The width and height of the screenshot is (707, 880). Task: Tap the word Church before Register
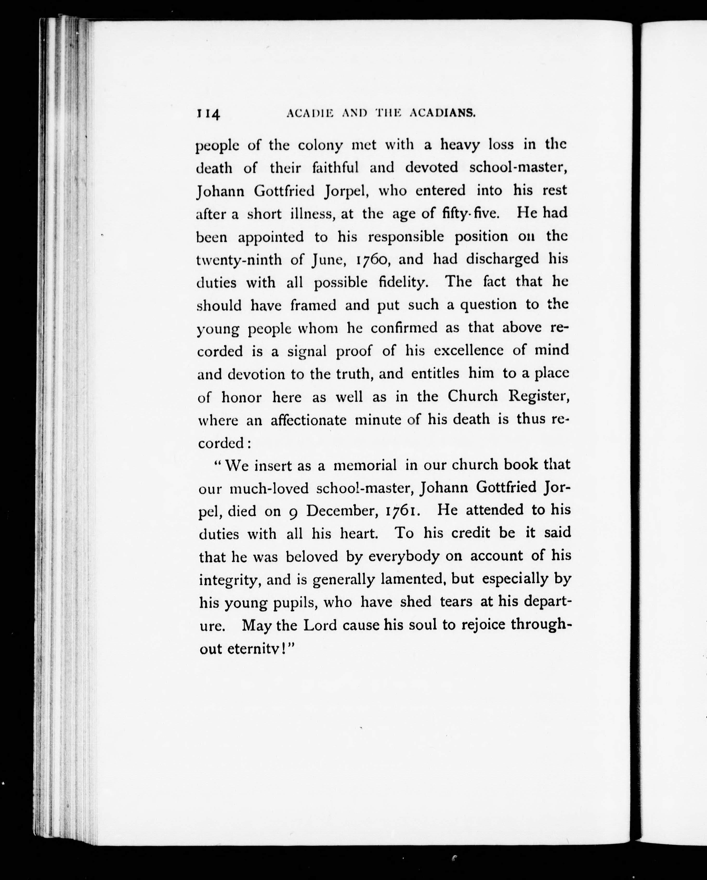[472, 396]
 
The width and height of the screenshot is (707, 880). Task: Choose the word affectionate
[308, 420]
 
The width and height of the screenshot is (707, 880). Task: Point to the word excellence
[468, 350]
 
